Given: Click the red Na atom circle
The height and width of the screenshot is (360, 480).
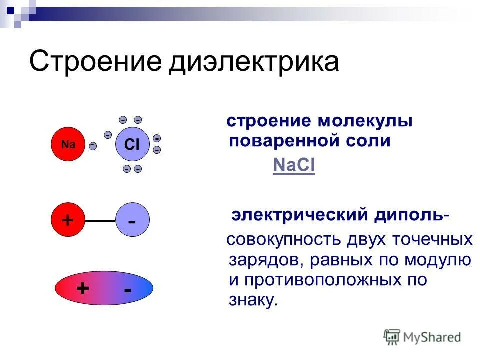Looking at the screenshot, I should pos(68,145).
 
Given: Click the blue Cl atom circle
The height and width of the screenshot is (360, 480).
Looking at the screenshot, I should pos(132,145).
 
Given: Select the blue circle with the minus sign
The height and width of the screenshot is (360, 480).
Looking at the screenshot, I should pos(132,220).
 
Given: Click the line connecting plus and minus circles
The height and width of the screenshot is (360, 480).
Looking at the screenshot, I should pos(100,220).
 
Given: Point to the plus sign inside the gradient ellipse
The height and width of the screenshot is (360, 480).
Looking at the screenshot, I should pos(82,289).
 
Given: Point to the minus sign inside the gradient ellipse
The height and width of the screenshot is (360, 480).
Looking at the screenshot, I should pos(128,289).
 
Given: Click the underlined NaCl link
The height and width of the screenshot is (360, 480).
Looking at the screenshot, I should pos(294,165).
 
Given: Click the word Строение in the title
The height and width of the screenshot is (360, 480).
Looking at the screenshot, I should pos(95,62).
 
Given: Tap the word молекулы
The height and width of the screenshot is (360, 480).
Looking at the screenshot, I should pos(365,121).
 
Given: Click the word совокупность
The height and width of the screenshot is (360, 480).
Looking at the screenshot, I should pos(283,239).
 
